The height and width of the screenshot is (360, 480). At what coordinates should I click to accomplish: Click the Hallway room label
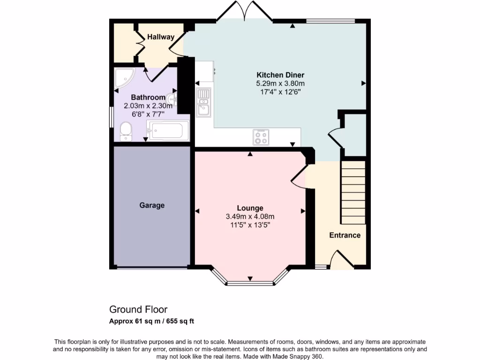(161, 37)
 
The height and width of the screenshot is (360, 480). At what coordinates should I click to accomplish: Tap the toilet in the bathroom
(126, 131)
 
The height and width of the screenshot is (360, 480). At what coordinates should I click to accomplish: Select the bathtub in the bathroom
(168, 131)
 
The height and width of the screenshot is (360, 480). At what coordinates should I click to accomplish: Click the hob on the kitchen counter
(261, 136)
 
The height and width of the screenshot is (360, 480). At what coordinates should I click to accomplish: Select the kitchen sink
(203, 102)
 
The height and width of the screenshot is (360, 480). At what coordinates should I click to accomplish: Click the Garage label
(152, 205)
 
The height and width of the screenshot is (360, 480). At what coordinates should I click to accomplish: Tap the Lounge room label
(250, 208)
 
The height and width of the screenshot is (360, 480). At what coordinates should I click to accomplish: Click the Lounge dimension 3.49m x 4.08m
(250, 217)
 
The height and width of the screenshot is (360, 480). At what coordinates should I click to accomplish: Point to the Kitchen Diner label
(280, 75)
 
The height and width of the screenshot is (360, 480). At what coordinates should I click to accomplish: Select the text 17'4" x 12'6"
(280, 92)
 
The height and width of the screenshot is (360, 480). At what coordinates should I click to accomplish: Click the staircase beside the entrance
(352, 192)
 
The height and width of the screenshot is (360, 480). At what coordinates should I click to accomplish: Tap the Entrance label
(345, 235)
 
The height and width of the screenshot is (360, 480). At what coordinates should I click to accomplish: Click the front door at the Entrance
(342, 260)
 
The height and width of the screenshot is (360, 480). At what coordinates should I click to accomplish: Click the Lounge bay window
(250, 282)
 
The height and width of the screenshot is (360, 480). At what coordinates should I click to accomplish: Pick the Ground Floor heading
(138, 309)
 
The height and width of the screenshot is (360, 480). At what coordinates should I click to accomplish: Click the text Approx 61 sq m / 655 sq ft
(152, 321)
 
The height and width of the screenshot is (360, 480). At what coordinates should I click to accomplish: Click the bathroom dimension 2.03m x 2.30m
(145, 106)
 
